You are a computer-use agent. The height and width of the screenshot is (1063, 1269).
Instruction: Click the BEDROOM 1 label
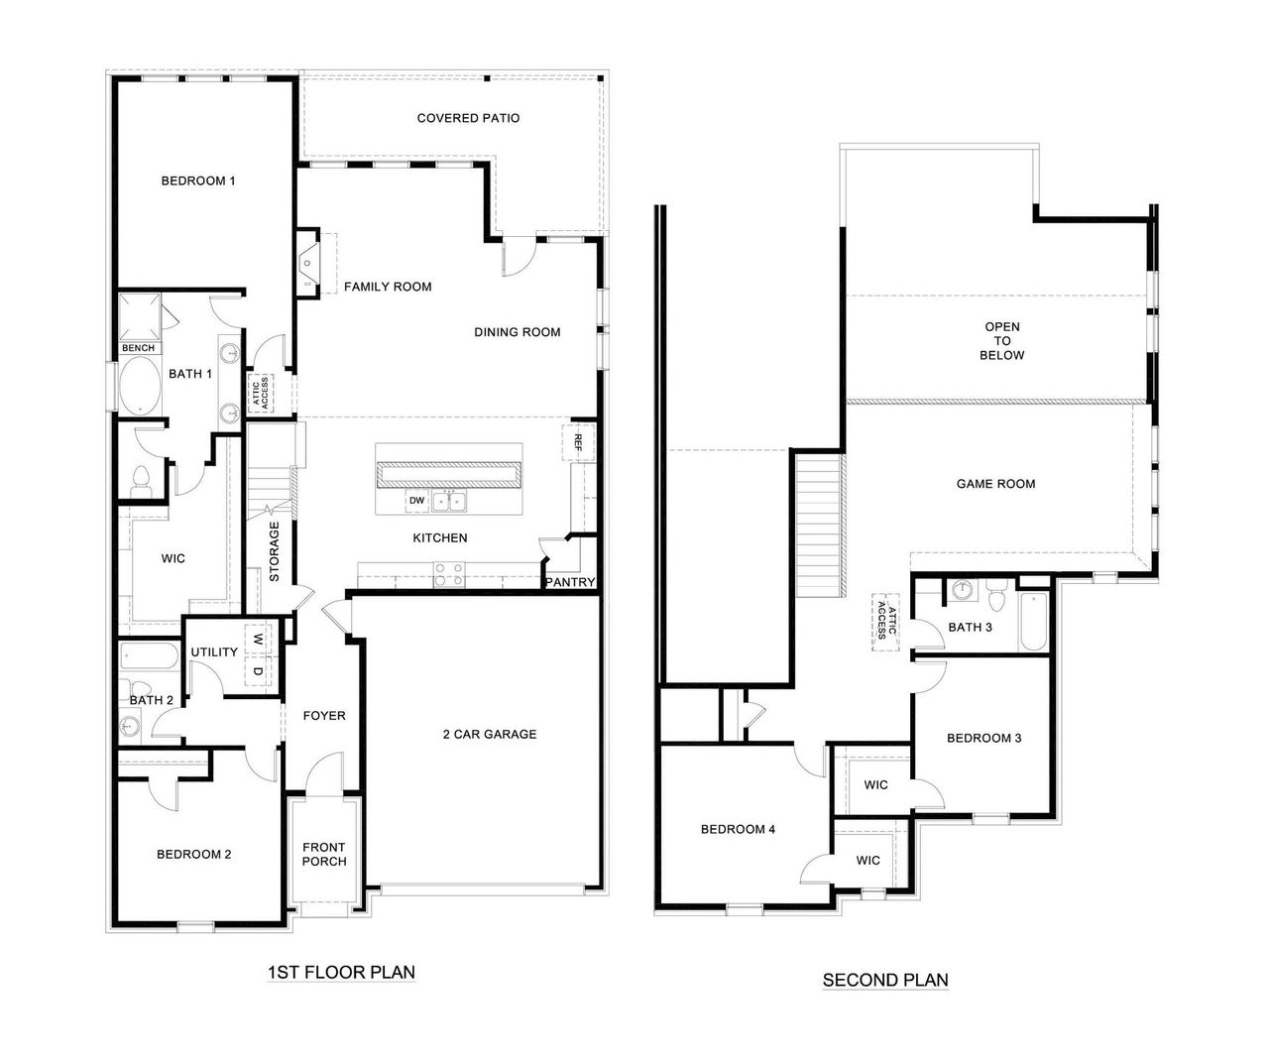coord(198,181)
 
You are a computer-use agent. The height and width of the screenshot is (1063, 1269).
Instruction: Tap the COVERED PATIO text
coord(468,118)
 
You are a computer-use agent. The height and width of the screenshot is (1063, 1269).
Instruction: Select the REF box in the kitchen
coord(574,441)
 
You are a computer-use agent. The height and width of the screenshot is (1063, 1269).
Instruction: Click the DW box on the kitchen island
coord(417,502)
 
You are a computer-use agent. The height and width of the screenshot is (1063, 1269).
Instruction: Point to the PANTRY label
coord(570,582)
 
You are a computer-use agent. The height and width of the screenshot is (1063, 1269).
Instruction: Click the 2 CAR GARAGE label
coord(489,735)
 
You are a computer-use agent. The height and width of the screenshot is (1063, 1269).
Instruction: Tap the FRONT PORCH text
coord(324,854)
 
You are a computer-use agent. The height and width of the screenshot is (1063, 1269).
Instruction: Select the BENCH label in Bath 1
coord(138,348)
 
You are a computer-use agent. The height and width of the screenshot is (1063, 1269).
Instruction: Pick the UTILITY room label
coord(214,652)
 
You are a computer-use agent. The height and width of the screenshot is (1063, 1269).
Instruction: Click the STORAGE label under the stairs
coord(275,551)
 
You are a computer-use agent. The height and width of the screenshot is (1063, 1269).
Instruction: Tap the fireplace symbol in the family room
coord(309,264)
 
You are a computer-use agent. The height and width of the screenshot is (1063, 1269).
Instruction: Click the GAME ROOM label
coord(995,484)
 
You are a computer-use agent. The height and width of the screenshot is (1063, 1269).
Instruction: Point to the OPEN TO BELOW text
coord(1001,341)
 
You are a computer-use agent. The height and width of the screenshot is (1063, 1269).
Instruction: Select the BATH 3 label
coord(970,627)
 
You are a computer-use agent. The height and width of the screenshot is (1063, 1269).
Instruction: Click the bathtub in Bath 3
coord(1032,622)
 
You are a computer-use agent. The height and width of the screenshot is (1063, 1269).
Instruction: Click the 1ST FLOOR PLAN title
coord(341,973)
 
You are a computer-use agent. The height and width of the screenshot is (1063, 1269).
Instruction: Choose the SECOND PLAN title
coord(885,981)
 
